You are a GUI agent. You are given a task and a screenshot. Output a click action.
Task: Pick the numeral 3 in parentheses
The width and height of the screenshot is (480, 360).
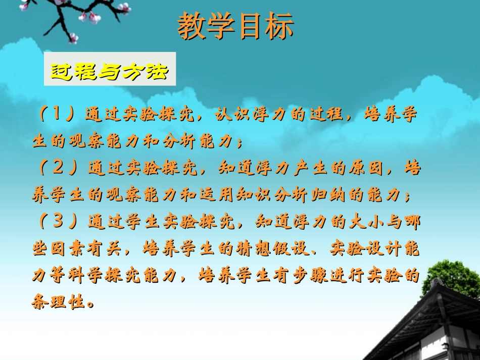(59, 220)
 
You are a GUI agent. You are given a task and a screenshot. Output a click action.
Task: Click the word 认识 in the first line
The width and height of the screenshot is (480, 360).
(230, 114)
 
